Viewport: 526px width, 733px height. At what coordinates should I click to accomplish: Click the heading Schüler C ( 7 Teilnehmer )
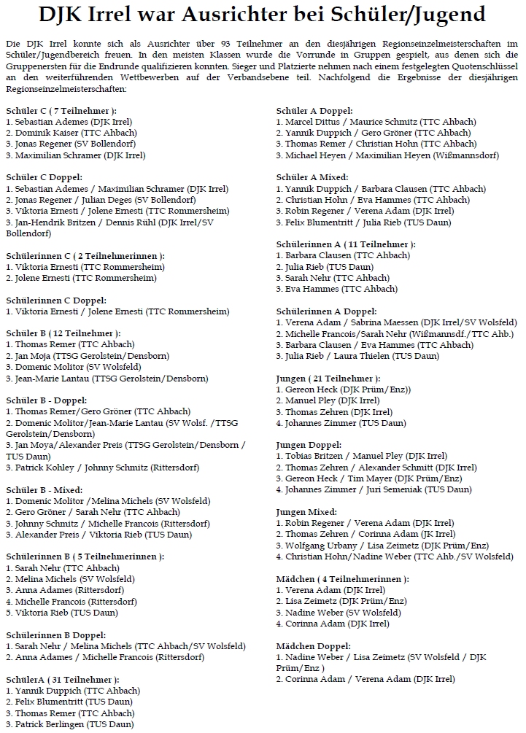pos(61,110)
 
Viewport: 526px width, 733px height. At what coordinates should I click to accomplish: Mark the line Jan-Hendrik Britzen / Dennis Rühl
pos(109,222)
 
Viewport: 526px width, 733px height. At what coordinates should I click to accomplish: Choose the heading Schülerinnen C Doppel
pos(56,300)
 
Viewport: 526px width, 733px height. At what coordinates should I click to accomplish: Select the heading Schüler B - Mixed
pos(45,489)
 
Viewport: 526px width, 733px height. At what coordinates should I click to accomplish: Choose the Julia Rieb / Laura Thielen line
pos(357,356)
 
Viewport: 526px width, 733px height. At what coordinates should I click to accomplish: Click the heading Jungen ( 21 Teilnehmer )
pos(328,379)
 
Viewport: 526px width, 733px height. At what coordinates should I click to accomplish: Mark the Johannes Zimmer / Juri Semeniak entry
pos(374,489)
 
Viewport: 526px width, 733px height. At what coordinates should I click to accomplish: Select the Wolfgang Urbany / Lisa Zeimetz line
pos(382,546)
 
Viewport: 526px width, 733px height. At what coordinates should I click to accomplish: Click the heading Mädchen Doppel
pos(313,646)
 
